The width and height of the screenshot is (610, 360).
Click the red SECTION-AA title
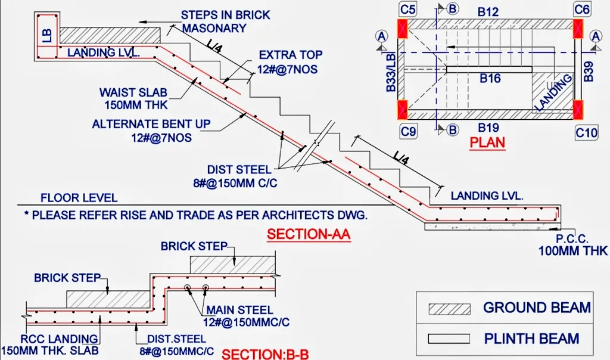click(x=309, y=235)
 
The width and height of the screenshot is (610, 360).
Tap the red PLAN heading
click(x=487, y=142)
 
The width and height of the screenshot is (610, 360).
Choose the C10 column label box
click(x=586, y=132)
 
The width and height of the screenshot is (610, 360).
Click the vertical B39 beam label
click(x=589, y=69)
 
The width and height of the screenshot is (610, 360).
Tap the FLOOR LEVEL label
click(x=79, y=198)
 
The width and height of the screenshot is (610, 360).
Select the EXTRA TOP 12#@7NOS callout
click(x=288, y=63)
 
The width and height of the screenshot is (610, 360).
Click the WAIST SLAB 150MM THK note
click(x=133, y=99)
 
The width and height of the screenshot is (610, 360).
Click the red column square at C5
click(x=404, y=27)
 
